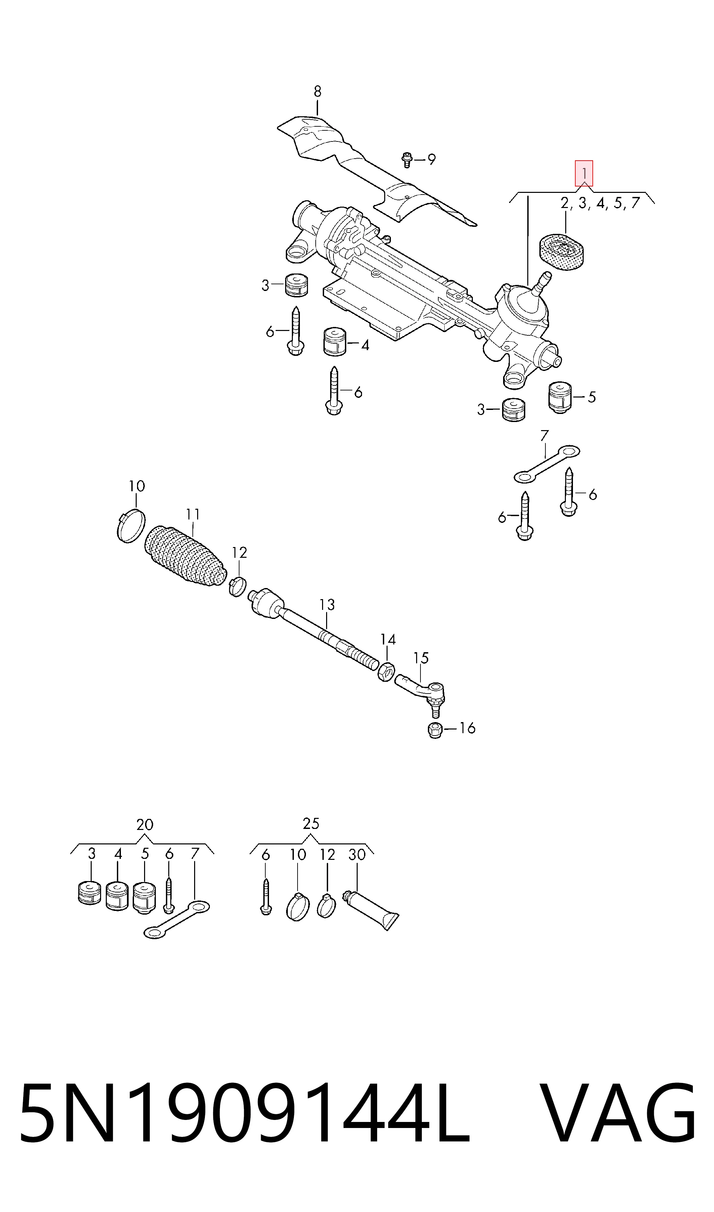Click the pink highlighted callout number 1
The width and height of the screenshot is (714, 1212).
584,173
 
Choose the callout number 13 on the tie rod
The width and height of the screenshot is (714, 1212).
327,605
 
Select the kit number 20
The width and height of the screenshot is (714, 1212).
145,825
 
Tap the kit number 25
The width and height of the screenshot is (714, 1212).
311,824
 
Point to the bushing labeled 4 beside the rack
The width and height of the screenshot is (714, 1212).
335,342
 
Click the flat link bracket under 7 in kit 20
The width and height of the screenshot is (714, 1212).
177,920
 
